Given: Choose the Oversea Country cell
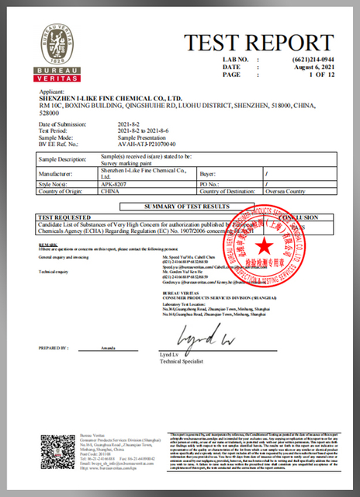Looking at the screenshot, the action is pos(284,191).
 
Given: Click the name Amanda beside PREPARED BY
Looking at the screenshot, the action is pos(101,349).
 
